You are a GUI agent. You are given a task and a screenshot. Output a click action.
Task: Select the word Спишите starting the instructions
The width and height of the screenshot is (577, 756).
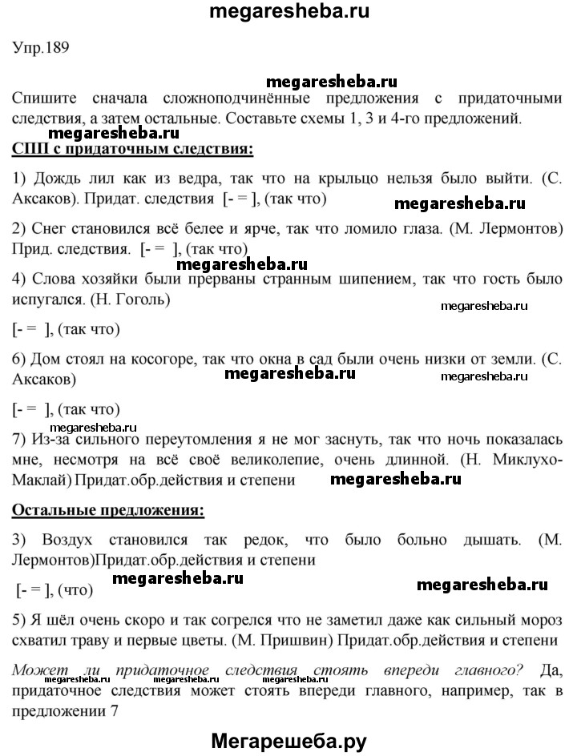45,99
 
